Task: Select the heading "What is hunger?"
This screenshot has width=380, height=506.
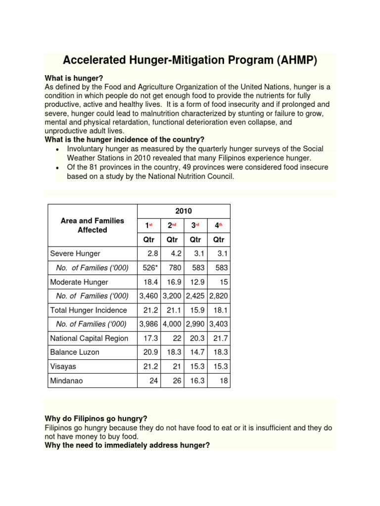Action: click(x=74, y=78)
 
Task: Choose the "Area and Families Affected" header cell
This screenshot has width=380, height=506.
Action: click(x=93, y=225)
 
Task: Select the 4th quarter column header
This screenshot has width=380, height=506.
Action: click(x=218, y=225)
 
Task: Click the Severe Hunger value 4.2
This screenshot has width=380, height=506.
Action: click(x=176, y=253)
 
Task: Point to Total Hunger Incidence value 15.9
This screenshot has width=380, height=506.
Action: click(x=196, y=310)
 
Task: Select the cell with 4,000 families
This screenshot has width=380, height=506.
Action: click(x=172, y=324)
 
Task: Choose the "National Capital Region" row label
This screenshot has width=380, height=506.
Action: click(x=89, y=338)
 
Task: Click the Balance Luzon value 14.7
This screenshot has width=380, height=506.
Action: click(x=196, y=353)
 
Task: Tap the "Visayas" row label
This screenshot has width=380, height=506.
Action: click(x=63, y=367)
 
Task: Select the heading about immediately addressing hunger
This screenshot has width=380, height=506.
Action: click(x=127, y=445)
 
